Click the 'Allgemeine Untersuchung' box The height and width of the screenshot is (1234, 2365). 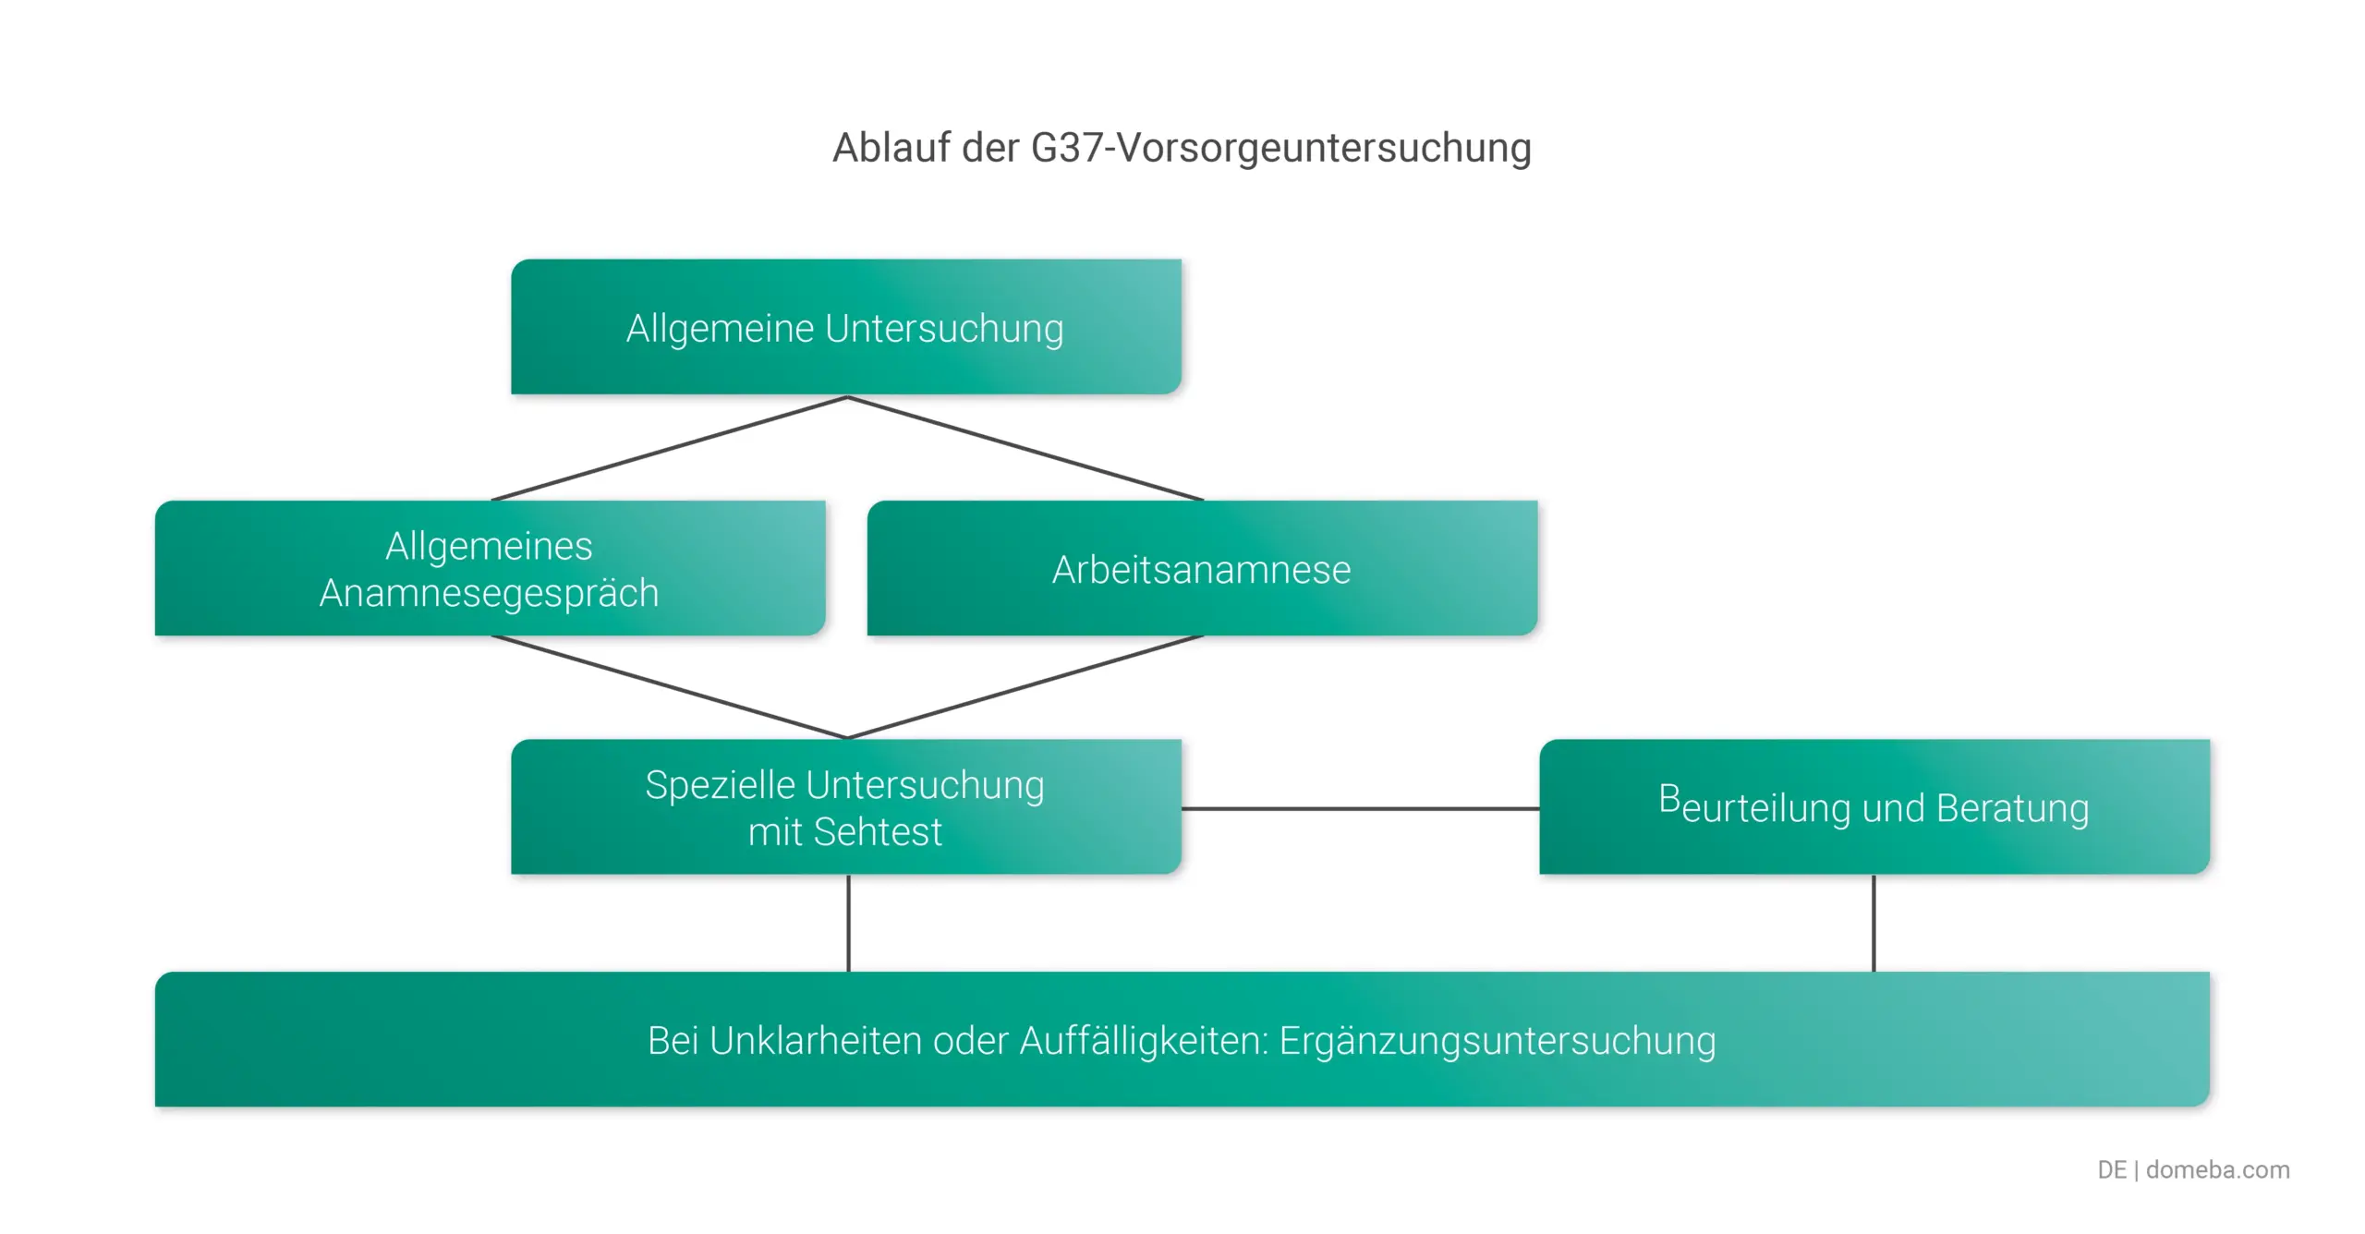pos(845,328)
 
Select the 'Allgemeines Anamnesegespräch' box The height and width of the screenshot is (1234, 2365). pos(490,568)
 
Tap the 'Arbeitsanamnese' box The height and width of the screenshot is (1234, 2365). pos(1202,569)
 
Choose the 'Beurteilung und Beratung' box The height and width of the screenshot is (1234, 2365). pos(1874,807)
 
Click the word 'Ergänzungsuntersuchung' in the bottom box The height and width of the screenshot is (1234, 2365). pos(1497,1041)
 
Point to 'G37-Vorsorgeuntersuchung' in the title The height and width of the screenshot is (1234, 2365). pos(1280,148)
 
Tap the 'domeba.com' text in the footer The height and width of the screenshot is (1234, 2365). pos(2217,1169)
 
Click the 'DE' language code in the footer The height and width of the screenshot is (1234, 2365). pos(2111,1169)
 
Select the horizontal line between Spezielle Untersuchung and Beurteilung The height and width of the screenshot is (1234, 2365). pos(1360,808)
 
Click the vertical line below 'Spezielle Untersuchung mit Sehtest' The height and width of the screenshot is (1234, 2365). pos(848,923)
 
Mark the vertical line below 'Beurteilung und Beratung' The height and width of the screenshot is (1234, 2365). pos(1874,923)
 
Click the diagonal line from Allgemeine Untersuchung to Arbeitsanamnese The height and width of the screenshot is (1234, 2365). pos(1025,449)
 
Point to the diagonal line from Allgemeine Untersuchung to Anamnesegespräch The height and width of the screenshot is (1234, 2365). pos(670,449)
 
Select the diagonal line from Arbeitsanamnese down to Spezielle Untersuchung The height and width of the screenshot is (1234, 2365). pos(1025,687)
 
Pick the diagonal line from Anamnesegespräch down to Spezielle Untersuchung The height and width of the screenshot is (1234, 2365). pos(670,687)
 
